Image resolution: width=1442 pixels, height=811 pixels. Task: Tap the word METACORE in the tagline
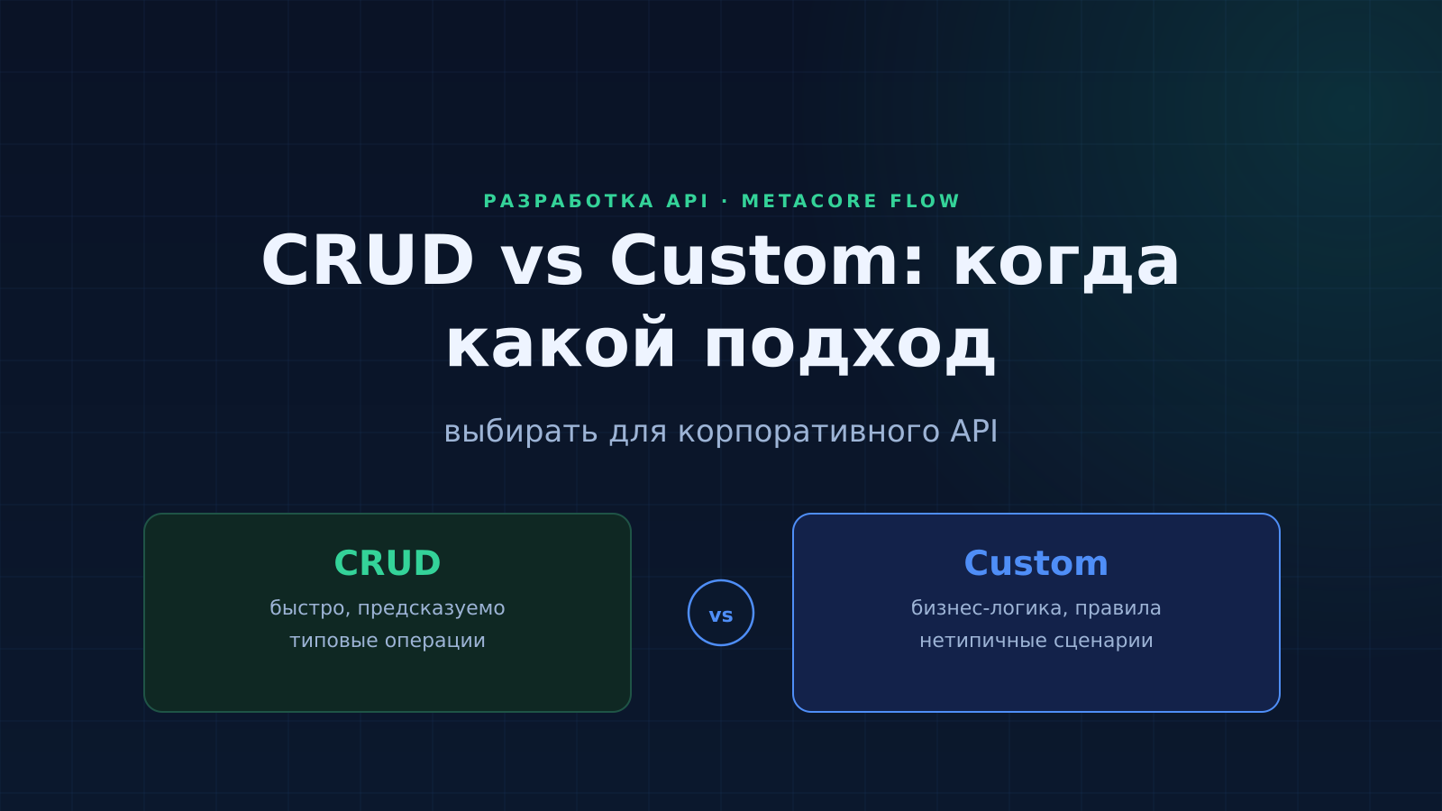[x=810, y=202]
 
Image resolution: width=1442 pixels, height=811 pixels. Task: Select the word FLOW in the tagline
[x=925, y=202]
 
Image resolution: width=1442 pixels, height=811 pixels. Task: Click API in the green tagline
[x=688, y=202]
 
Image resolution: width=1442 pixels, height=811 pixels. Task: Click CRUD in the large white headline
[x=368, y=261]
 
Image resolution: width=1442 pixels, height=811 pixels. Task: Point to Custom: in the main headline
[x=767, y=261]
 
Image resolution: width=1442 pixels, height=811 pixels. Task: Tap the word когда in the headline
[x=1066, y=265]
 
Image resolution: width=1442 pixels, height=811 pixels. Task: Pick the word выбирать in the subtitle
[x=521, y=432]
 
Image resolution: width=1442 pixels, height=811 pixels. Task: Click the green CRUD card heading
[x=387, y=563]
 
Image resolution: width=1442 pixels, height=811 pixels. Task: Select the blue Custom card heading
[x=1036, y=563]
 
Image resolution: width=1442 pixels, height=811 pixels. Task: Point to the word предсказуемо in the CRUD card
[x=432, y=609]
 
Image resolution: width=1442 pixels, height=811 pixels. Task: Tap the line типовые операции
[x=387, y=641]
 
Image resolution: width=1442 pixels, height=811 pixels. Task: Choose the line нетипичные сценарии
[x=1036, y=641]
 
